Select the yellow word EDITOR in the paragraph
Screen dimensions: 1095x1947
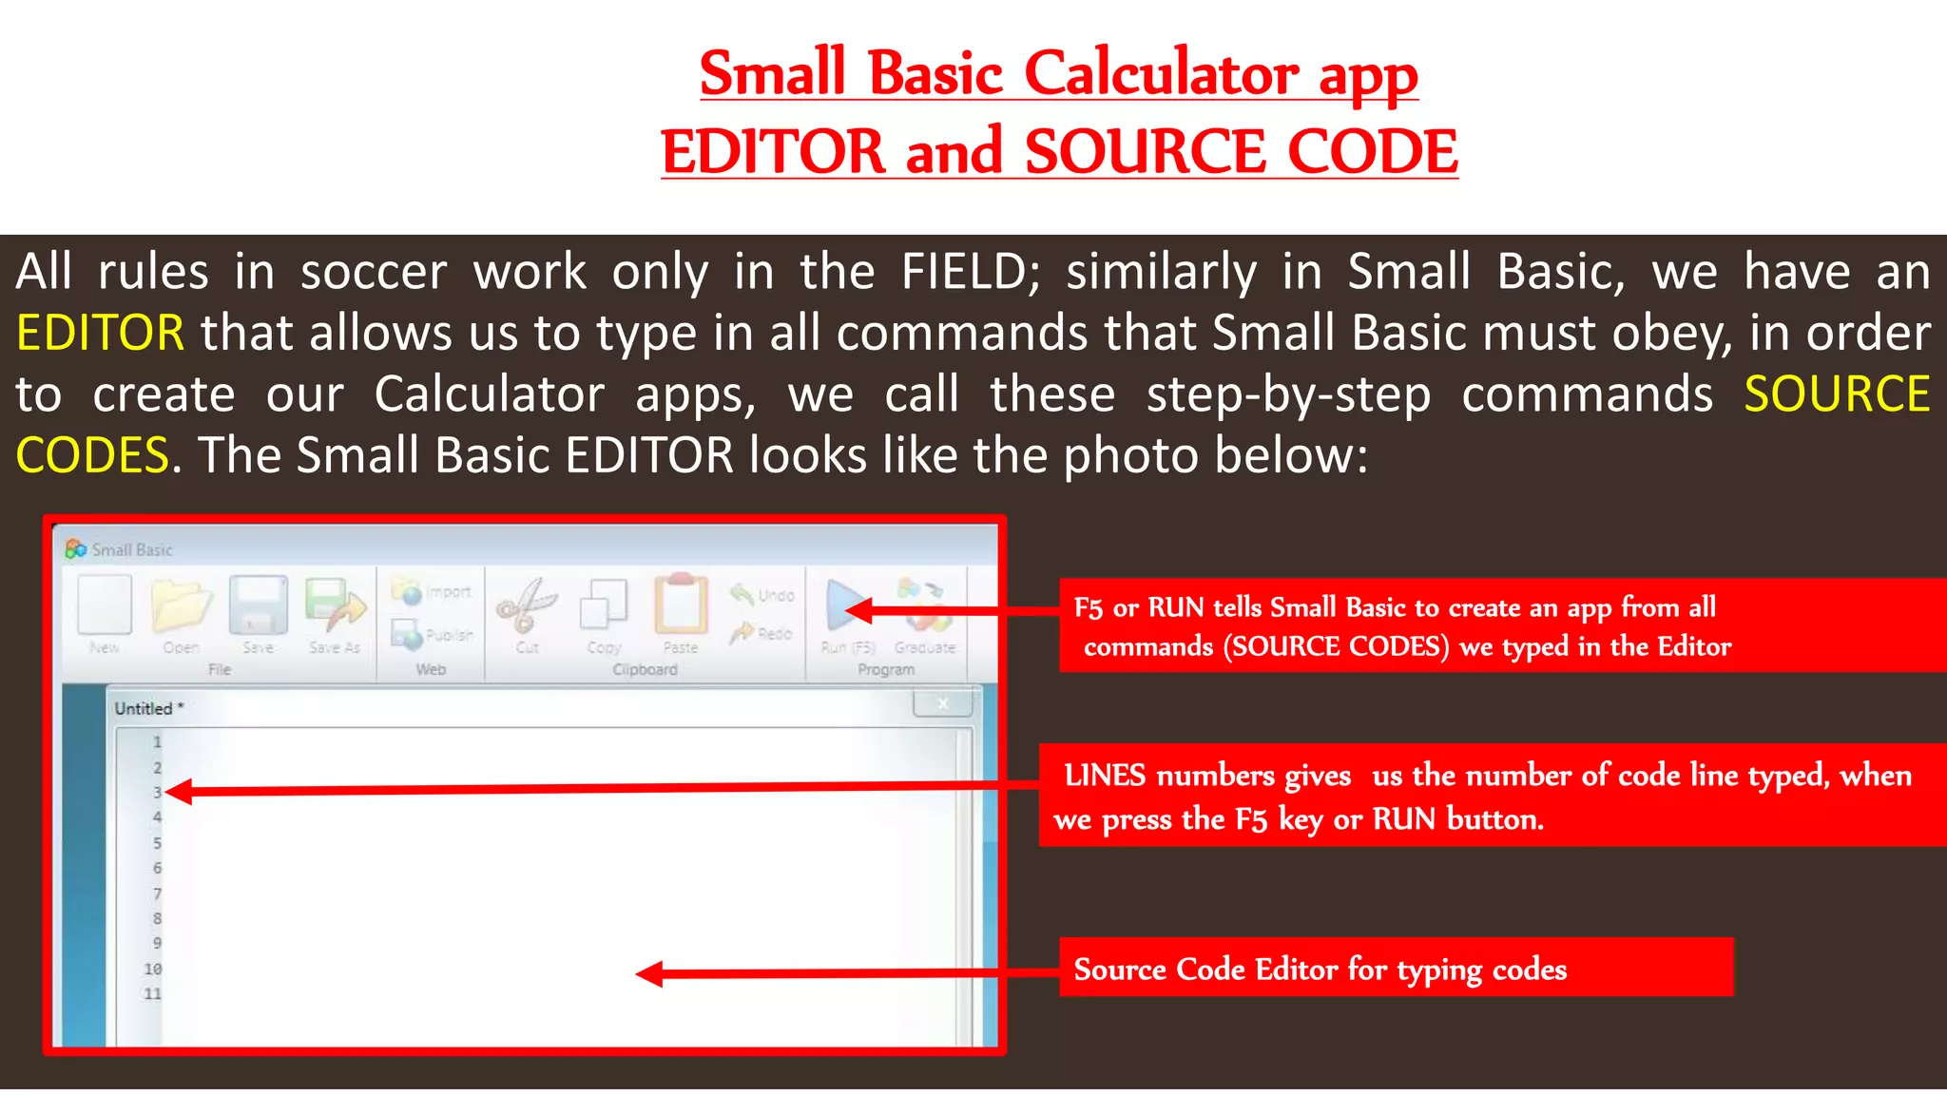coord(100,333)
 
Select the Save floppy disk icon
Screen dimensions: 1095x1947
coord(258,606)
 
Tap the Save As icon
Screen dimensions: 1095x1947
coord(335,606)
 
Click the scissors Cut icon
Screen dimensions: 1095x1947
coord(527,606)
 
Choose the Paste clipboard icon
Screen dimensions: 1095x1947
coord(681,605)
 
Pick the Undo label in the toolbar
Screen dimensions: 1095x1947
coord(776,596)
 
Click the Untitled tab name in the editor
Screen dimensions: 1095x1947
coord(144,708)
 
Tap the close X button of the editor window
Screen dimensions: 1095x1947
coord(943,704)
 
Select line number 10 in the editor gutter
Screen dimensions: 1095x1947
coord(153,969)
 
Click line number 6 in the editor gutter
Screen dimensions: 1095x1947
coord(158,868)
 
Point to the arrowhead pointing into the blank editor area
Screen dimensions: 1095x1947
coord(649,974)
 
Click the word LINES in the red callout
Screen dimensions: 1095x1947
coord(1105,776)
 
